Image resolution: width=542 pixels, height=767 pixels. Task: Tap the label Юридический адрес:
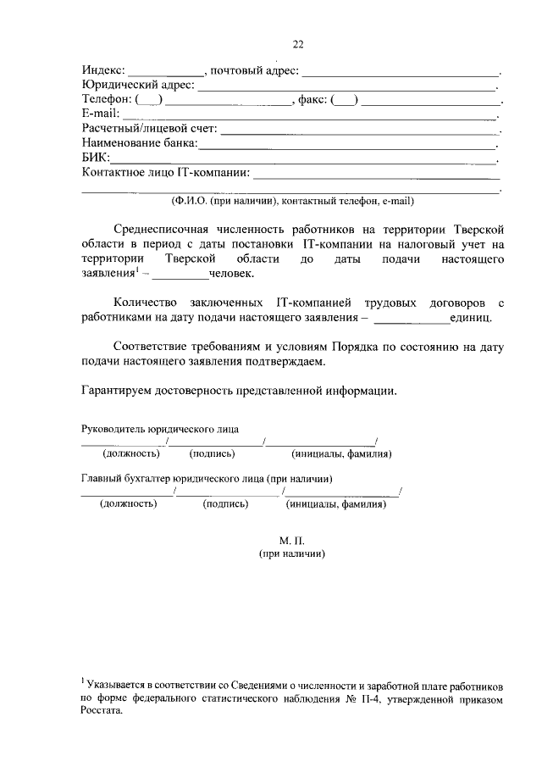138,85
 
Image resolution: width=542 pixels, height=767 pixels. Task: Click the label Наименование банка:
139,143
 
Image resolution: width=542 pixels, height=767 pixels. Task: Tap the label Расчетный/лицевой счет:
149,129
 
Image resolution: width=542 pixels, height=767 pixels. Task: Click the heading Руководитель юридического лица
165,429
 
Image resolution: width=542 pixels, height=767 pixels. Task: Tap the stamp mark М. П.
290,540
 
